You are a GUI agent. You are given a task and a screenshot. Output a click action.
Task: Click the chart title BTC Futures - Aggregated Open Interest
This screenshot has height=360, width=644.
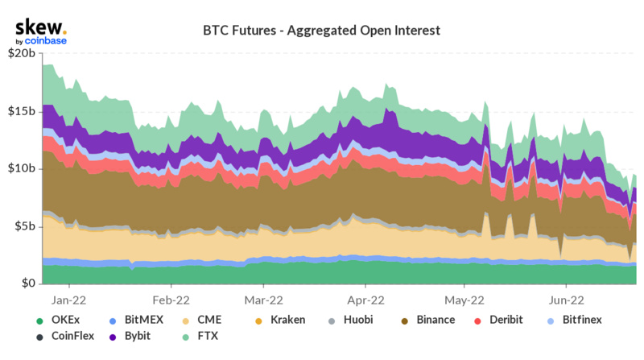[x=322, y=31]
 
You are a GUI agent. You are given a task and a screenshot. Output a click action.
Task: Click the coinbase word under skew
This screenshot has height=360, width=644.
[x=46, y=40]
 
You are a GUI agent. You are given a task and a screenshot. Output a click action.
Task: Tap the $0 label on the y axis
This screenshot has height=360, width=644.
[x=27, y=283]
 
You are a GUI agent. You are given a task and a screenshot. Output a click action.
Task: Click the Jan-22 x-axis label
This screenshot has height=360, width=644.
[x=69, y=298]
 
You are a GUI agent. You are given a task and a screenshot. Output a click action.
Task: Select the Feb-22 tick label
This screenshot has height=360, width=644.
[x=171, y=298]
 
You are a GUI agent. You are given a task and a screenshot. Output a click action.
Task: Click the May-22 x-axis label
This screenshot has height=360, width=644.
[x=464, y=298]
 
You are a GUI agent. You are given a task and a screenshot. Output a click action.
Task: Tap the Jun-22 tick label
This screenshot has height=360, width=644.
[x=565, y=298]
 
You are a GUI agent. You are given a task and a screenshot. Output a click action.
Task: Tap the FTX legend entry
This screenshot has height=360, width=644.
[x=208, y=336]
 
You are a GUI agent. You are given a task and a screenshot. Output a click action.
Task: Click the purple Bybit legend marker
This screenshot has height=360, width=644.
[x=116, y=336]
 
